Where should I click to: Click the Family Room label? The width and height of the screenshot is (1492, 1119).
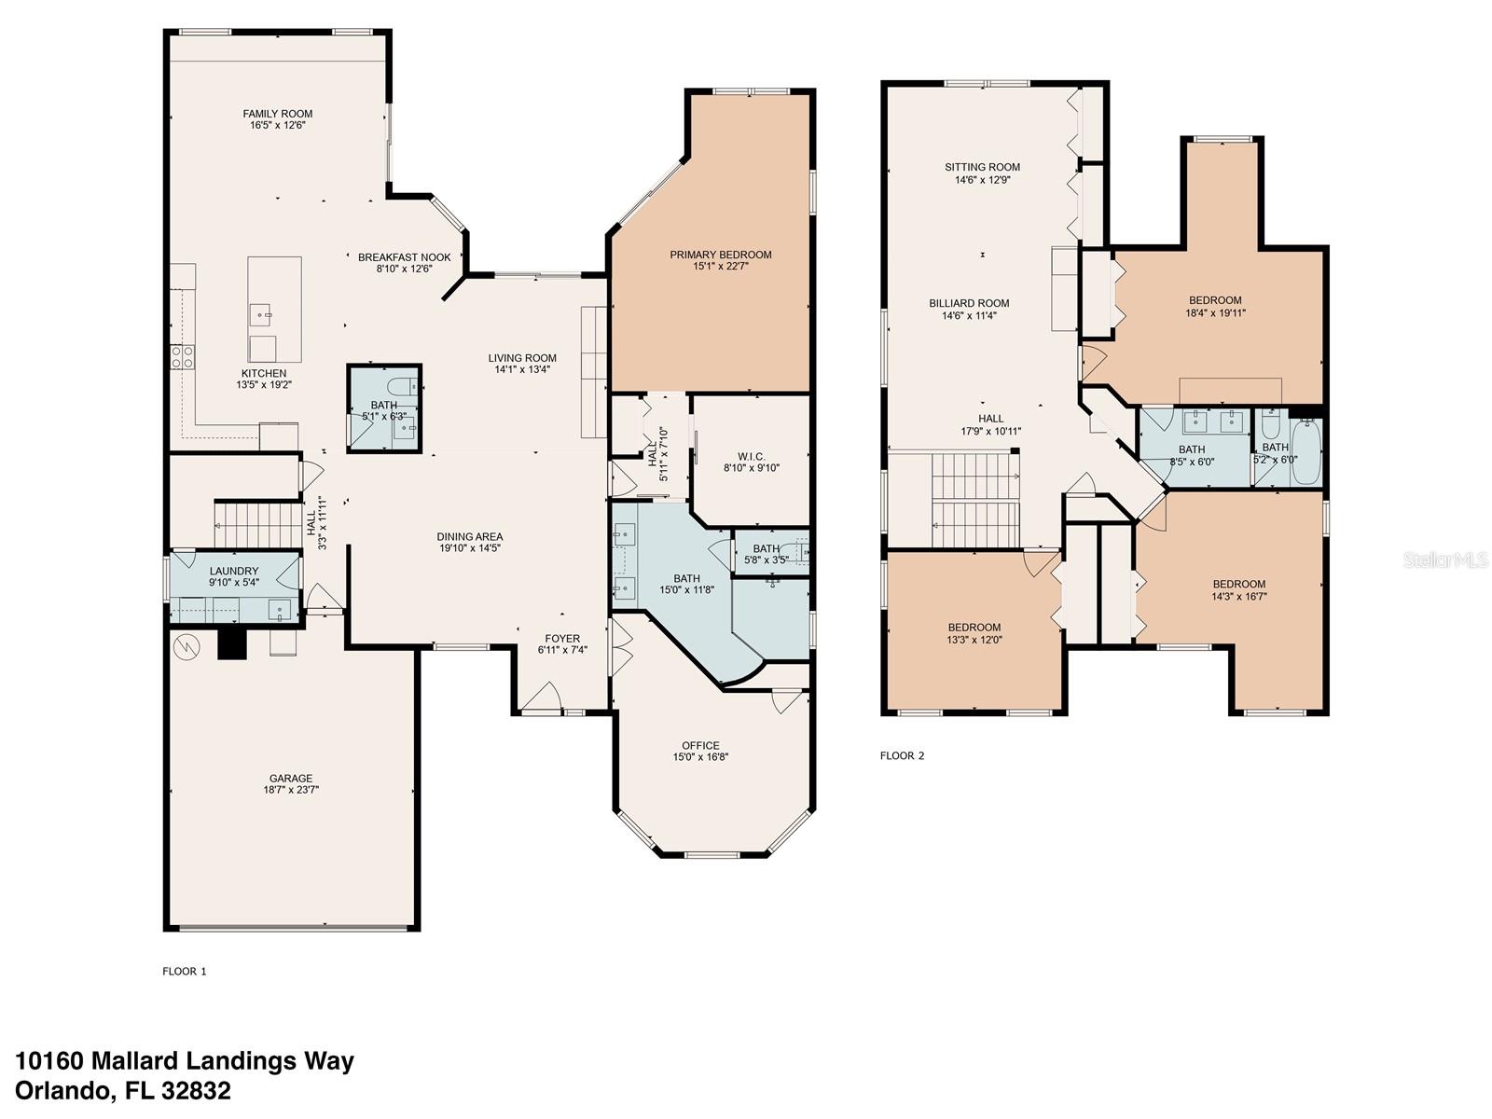(278, 114)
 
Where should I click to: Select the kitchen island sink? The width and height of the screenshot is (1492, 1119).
(260, 312)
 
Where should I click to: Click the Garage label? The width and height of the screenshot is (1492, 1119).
(291, 779)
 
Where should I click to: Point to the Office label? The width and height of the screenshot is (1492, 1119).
(700, 745)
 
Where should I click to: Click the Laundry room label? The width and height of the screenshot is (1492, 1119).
(234, 572)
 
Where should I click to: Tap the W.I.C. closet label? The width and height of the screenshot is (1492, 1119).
(751, 456)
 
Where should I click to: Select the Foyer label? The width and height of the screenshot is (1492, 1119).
(562, 639)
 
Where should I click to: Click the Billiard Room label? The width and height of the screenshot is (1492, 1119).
(969, 303)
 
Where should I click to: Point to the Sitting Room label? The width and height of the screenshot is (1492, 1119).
(982, 168)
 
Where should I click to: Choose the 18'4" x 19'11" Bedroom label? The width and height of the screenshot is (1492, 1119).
(1215, 300)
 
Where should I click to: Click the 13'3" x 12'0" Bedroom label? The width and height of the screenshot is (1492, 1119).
(974, 628)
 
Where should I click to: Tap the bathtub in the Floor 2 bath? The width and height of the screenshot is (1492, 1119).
(1305, 452)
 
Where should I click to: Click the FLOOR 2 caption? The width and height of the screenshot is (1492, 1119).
(902, 755)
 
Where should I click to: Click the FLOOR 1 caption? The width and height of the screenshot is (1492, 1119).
(184, 971)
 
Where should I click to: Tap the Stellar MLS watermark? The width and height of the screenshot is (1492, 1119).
(1446, 559)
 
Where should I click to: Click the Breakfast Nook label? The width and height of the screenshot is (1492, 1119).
(404, 257)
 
